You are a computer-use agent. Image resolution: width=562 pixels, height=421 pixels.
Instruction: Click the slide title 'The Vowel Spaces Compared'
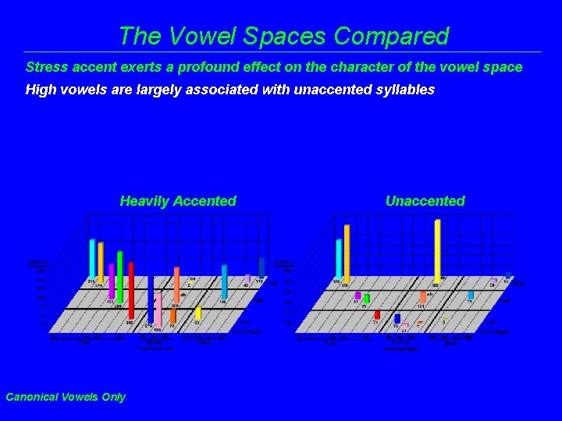point(283,36)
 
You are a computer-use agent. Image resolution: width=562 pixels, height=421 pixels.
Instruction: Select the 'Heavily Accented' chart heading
point(178,201)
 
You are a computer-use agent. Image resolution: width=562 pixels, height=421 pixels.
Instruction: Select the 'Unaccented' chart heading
point(425,201)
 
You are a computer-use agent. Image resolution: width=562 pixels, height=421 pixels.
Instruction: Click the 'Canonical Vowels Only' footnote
point(65,397)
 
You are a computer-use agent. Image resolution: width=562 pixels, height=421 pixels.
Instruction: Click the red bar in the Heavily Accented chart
point(131,292)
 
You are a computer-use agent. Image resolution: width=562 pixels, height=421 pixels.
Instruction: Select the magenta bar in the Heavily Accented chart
point(112,281)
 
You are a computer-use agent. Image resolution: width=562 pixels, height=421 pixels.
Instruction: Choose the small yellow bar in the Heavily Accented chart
point(198,313)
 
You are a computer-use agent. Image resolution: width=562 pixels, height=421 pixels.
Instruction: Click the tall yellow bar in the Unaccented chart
point(437,249)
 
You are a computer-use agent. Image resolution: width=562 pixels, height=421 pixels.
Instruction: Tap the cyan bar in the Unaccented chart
point(339,258)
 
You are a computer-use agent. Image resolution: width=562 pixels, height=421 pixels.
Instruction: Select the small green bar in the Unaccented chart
point(365,298)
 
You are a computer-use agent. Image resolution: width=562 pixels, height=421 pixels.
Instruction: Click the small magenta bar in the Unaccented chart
point(357,295)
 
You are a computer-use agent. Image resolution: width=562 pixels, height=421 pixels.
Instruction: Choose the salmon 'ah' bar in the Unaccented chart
point(422,297)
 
